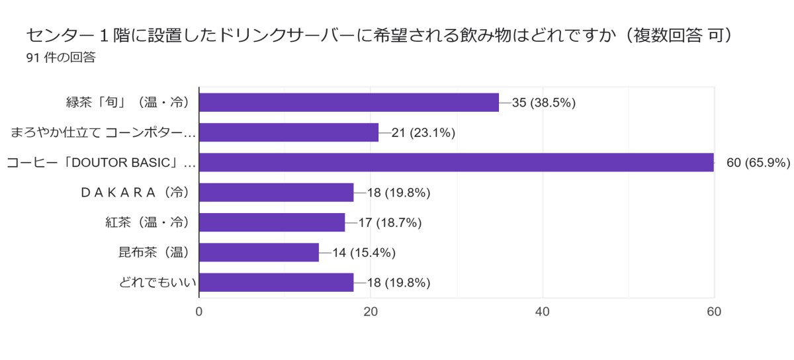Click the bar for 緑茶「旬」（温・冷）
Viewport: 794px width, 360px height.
(349, 103)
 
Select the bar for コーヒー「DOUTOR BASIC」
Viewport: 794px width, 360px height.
(456, 162)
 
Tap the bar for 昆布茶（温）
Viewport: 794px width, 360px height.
(259, 252)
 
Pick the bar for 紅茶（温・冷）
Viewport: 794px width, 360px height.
(272, 222)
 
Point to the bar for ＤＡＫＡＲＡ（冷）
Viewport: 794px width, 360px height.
(276, 193)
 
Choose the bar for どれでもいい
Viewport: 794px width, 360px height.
(276, 283)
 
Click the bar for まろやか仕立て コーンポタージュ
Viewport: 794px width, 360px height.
(288, 132)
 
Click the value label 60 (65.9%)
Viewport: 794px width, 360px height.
(758, 163)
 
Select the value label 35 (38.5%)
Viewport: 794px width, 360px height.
(544, 103)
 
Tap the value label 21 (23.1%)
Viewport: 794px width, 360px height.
(423, 132)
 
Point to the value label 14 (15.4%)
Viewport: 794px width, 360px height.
(364, 252)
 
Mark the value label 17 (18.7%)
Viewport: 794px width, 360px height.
(390, 222)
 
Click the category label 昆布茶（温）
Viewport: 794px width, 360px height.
(154, 252)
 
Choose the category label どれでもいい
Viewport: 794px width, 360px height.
(158, 283)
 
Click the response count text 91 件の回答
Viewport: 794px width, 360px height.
(61, 58)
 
